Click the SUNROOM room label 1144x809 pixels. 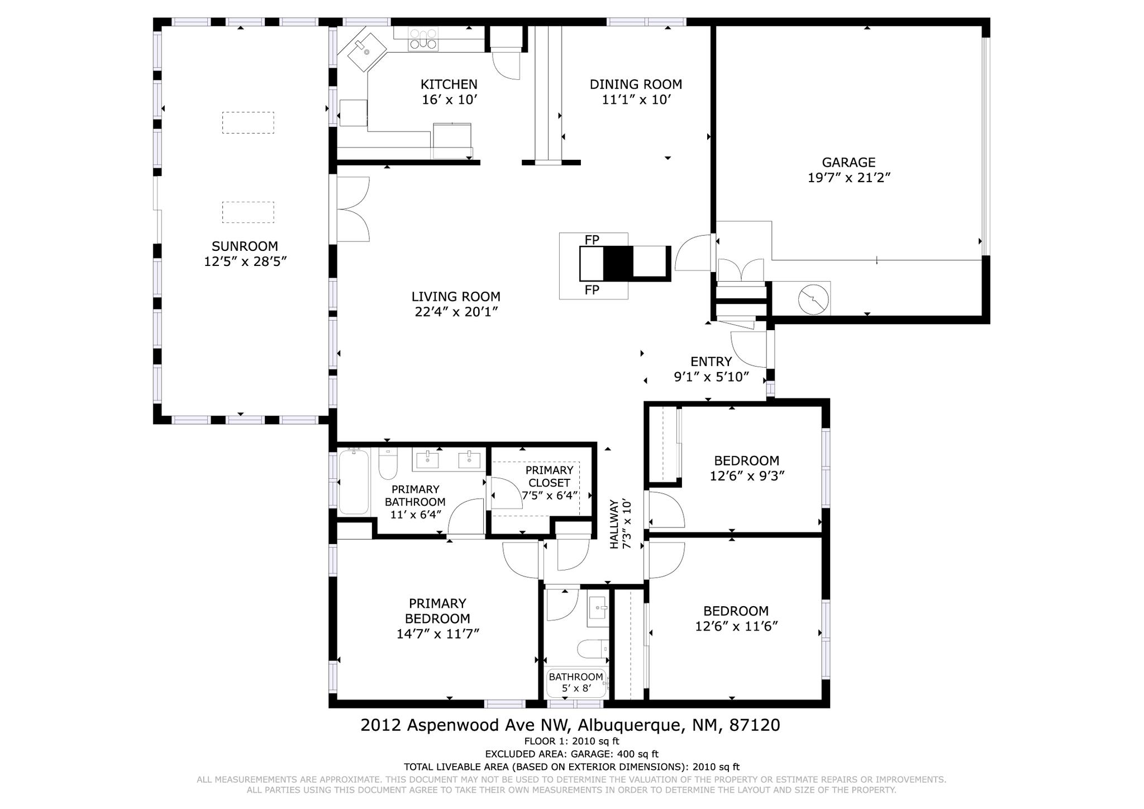[x=245, y=246]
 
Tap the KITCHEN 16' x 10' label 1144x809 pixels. [x=449, y=92]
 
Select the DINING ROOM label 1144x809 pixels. [x=636, y=84]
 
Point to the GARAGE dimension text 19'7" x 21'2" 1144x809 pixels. [x=849, y=178]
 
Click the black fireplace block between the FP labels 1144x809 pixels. [x=618, y=263]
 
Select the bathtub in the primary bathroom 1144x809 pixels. [x=354, y=481]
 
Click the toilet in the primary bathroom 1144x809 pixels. [x=388, y=463]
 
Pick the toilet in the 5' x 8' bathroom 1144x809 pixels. [x=593, y=649]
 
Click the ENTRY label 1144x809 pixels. [x=711, y=361]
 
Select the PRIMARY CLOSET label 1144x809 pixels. [x=550, y=477]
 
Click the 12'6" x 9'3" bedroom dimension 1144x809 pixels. [x=747, y=476]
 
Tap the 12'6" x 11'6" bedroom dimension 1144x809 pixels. [x=736, y=626]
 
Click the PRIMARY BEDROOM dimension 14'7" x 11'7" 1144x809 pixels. [x=438, y=634]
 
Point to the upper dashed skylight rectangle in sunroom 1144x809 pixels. [x=248, y=123]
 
